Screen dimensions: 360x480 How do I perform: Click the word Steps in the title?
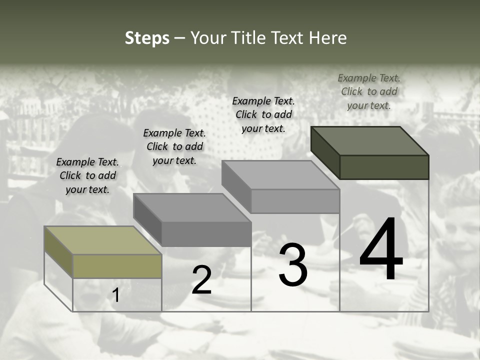(147, 38)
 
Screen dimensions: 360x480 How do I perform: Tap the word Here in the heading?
(328, 38)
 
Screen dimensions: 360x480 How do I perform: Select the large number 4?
(381, 249)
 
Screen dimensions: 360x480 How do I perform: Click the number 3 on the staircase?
(293, 265)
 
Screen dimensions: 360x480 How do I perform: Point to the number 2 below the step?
(202, 280)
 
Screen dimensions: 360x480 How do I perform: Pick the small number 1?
(116, 295)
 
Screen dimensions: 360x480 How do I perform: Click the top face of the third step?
(280, 175)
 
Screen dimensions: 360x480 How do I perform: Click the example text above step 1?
(87, 175)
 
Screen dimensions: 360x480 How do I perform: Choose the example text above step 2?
(174, 146)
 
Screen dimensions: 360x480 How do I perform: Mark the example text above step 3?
(263, 114)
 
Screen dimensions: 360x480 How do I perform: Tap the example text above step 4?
(369, 91)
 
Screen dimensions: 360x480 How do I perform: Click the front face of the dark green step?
(384, 167)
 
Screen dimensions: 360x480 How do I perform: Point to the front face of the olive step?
(117, 266)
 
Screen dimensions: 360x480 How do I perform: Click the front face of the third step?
(295, 201)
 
